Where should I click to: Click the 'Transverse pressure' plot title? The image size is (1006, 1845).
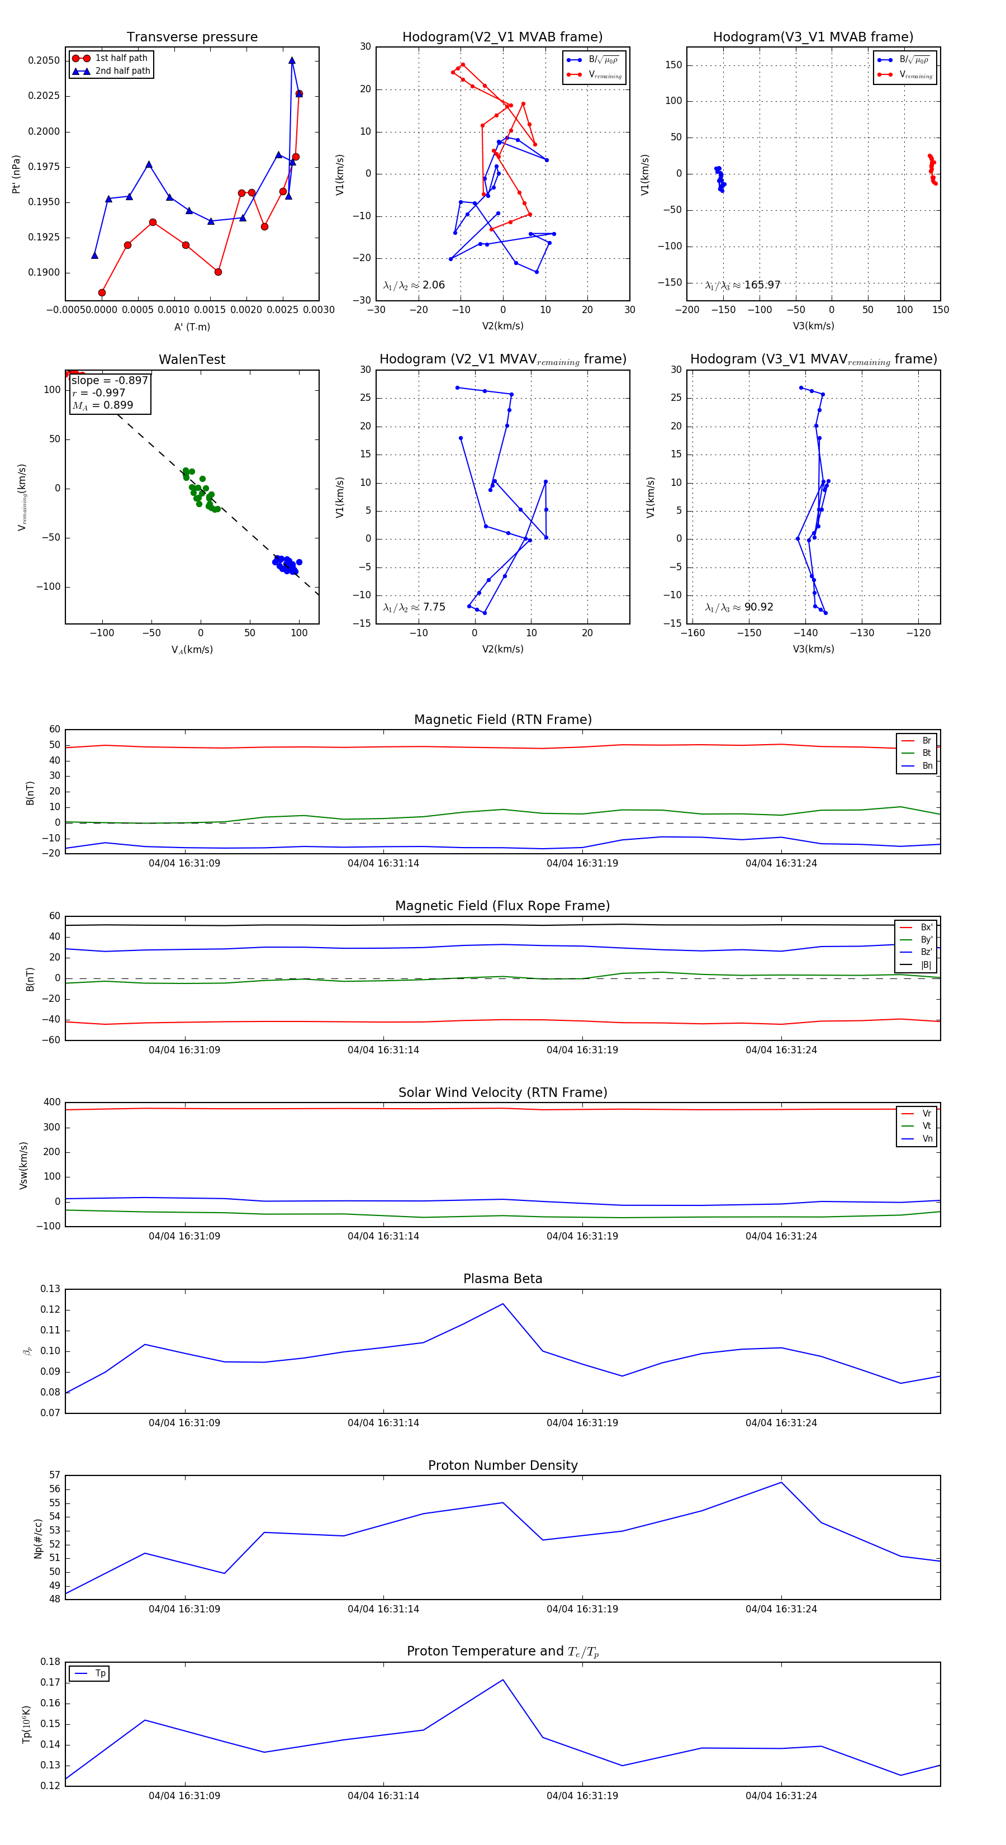pyautogui.click(x=192, y=37)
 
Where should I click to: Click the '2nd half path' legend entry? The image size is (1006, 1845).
pyautogui.click(x=122, y=71)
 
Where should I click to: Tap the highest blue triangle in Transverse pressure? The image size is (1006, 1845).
pyautogui.click(x=291, y=60)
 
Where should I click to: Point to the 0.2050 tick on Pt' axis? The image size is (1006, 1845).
pyautogui.click(x=44, y=61)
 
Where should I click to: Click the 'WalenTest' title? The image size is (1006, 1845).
pyautogui.click(x=192, y=359)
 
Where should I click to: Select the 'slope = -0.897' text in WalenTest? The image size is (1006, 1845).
pyautogui.click(x=110, y=380)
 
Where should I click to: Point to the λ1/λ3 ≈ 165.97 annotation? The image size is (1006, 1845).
pyautogui.click(x=743, y=285)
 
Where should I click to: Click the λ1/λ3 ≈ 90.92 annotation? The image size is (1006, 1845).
pyautogui.click(x=739, y=607)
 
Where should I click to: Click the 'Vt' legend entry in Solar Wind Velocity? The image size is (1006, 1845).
pyautogui.click(x=927, y=1126)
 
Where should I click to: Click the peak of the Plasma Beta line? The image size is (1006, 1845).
pyautogui.click(x=502, y=1304)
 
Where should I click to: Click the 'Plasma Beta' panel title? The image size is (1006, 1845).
pyautogui.click(x=502, y=1279)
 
